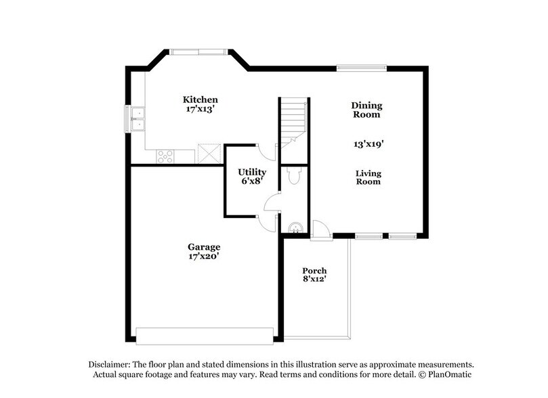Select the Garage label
pos(204,247)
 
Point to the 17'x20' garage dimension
pos(204,257)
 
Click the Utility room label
pos(251,173)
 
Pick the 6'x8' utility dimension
pos(251,181)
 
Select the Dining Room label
pos(366,110)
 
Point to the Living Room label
pos(368,177)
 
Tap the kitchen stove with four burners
pos(166,156)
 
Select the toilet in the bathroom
pos(293,177)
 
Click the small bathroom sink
pos(295,228)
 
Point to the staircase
pos(294,122)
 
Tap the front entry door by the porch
pos(320,230)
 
